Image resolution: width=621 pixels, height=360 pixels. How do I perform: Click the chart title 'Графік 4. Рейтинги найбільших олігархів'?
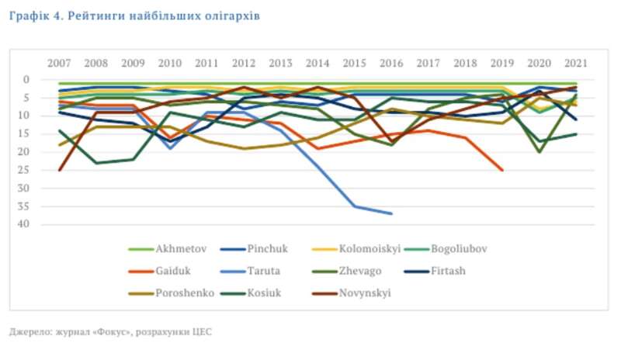coord(135,15)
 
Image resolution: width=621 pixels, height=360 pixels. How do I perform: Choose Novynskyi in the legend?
coord(365,293)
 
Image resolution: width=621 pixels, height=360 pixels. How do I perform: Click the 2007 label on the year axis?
coord(59,63)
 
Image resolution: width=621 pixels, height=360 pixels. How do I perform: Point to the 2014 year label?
coord(317,63)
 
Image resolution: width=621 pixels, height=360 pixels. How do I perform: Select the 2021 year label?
coord(575,63)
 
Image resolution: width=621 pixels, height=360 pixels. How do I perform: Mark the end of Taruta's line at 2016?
coord(391,213)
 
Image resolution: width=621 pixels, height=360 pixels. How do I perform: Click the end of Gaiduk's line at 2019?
coord(502,170)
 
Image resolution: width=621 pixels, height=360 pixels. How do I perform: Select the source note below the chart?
coord(110,331)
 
